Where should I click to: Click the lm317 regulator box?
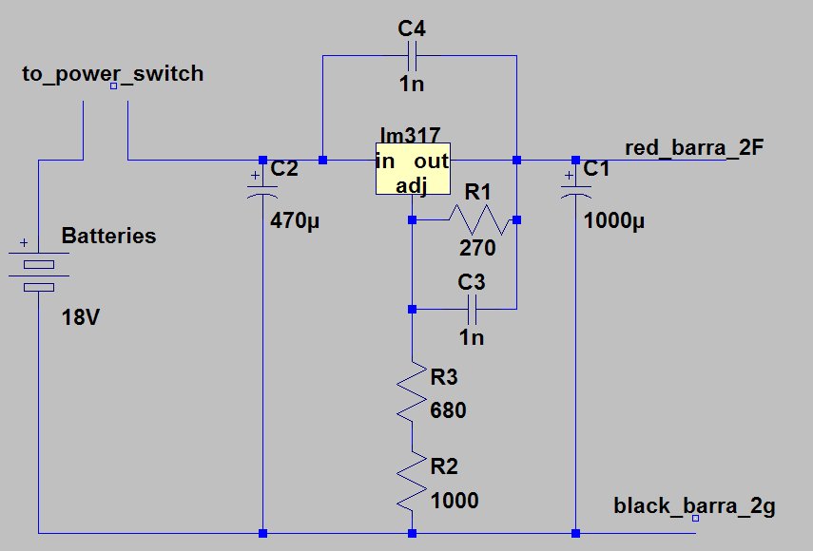[x=413, y=169]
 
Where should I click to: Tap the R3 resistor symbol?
[x=412, y=391]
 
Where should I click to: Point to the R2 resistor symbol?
[x=412, y=481]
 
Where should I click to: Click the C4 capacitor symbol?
[x=413, y=55]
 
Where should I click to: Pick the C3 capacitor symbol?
[x=472, y=309]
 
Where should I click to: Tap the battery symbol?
[x=38, y=271]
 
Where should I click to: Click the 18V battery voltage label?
[x=81, y=317]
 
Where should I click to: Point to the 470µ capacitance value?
[x=295, y=221]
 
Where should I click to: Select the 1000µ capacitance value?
[x=614, y=221]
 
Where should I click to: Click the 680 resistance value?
[x=448, y=410]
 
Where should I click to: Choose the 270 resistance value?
[x=477, y=248]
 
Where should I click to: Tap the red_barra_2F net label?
[x=694, y=147]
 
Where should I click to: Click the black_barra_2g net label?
[x=694, y=506]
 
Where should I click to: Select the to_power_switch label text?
[x=112, y=74]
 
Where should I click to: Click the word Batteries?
[x=109, y=236]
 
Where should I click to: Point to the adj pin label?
[x=412, y=185]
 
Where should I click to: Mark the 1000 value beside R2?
[x=455, y=501]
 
